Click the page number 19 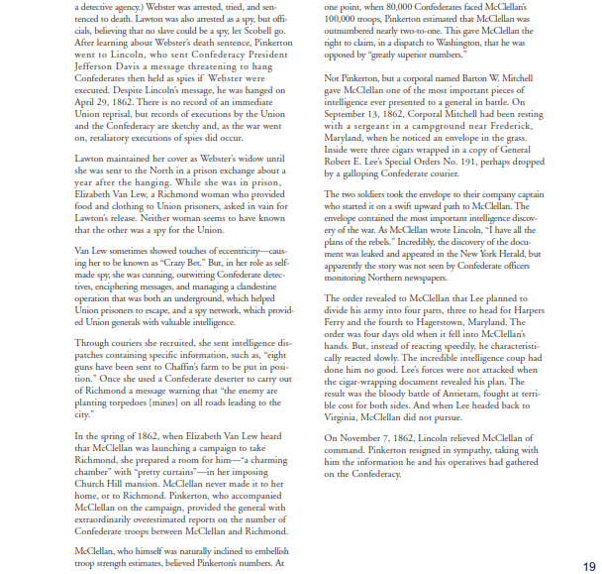coord(589,565)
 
